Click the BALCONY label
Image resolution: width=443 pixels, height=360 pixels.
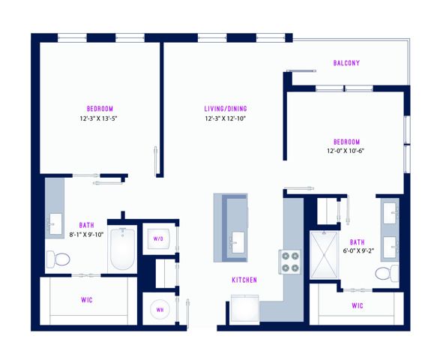pyautogui.click(x=346, y=63)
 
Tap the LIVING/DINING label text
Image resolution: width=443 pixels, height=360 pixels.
pyautogui.click(x=226, y=109)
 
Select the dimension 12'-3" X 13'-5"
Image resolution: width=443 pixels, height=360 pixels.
pyautogui.click(x=98, y=118)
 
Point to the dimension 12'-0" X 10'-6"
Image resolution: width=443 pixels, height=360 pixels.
pyautogui.click(x=346, y=151)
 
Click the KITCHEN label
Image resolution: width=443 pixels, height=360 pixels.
pyautogui.click(x=244, y=280)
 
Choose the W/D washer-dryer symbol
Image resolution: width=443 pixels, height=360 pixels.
pyautogui.click(x=158, y=238)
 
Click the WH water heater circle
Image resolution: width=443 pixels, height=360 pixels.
pyautogui.click(x=160, y=310)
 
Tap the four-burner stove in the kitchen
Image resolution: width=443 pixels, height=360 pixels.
pyautogui.click(x=289, y=262)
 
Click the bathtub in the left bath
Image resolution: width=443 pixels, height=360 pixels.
pyautogui.click(x=123, y=249)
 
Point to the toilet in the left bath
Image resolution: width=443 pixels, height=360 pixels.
pyautogui.click(x=58, y=259)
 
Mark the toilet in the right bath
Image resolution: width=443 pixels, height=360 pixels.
pyautogui.click(x=387, y=274)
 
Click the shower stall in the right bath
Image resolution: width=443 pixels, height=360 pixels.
pyautogui.click(x=324, y=255)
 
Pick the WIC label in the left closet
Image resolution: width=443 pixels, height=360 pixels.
pyautogui.click(x=87, y=300)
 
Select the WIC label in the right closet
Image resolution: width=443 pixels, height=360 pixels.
pyautogui.click(x=358, y=305)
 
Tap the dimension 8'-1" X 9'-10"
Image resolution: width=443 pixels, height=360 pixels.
pyautogui.click(x=86, y=235)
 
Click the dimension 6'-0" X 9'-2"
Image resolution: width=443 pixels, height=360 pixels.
pyautogui.click(x=358, y=250)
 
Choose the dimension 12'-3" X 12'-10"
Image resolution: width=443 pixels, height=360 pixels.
pyautogui.click(x=226, y=118)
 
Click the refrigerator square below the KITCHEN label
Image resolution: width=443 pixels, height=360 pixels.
pyautogui.click(x=244, y=309)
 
